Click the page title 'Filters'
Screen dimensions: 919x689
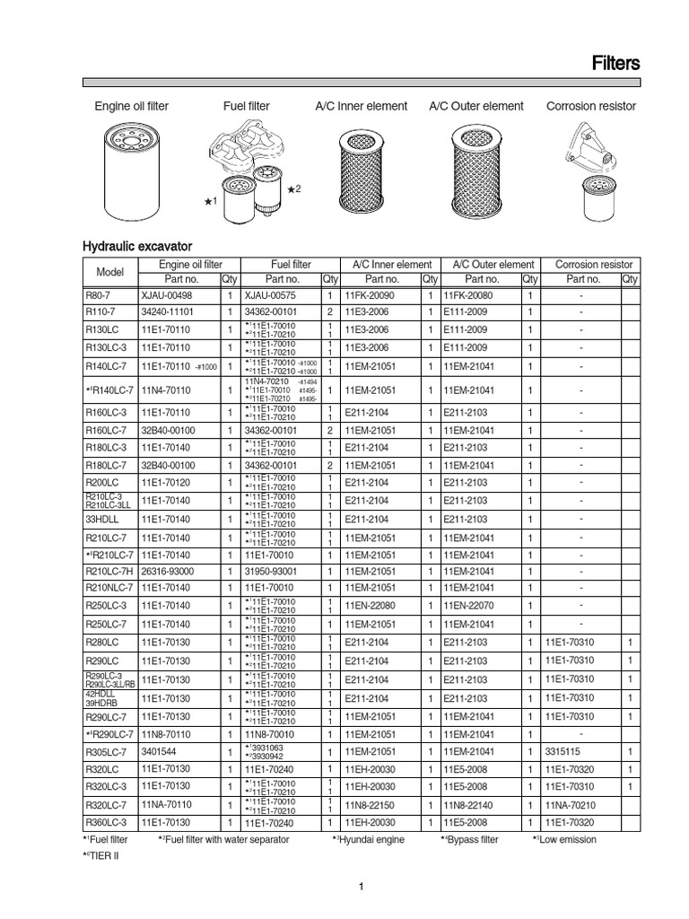coord(615,63)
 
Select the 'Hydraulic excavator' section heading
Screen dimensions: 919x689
coord(137,245)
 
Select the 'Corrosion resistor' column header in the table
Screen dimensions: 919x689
coord(593,265)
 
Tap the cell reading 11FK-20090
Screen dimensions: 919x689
coord(370,294)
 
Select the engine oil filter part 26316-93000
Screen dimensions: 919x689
coord(168,571)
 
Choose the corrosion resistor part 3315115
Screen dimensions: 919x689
coord(566,751)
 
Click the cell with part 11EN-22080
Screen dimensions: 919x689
coord(370,606)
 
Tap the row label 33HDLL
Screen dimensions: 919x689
coord(101,519)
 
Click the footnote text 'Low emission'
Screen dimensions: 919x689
coord(566,839)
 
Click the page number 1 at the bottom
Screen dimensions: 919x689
coord(360,888)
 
